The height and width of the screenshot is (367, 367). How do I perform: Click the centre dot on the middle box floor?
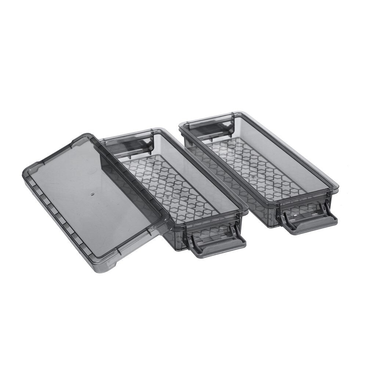tap(167, 198)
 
